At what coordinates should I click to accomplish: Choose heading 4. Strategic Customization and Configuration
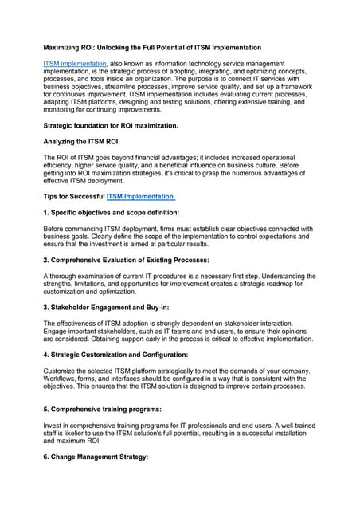(127, 354)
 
